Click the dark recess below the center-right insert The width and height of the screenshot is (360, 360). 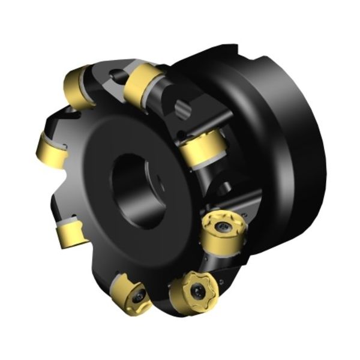click(x=223, y=186)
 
